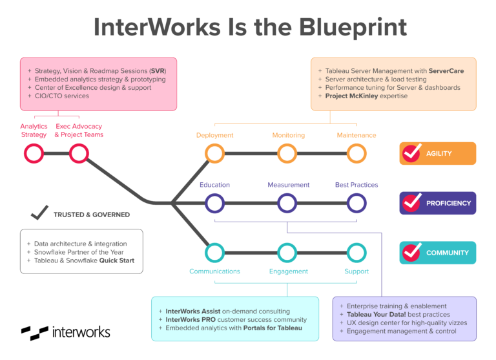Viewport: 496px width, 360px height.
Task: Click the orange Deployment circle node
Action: click(214, 153)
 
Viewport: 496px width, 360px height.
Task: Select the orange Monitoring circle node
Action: click(287, 153)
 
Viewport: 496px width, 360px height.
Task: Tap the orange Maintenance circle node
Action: click(356, 153)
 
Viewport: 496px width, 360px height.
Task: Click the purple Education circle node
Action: click(214, 203)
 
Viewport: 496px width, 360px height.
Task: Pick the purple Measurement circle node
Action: click(287, 203)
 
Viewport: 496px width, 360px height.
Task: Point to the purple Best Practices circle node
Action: click(356, 203)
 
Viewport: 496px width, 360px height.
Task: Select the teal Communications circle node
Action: click(214, 253)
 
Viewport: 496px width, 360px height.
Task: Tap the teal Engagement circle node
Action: click(287, 253)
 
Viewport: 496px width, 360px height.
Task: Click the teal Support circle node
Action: click(356, 253)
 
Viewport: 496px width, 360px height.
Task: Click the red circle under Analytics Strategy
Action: click(34, 153)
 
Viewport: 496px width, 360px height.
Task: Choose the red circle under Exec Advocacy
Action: click(79, 153)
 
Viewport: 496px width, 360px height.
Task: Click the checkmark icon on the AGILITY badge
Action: click(411, 153)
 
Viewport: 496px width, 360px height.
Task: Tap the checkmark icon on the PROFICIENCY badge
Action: click(411, 202)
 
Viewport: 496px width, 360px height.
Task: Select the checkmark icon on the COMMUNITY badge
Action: click(411, 252)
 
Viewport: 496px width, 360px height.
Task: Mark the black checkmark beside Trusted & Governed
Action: click(40, 212)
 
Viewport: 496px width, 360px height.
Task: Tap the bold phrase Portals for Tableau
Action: click(272, 328)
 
